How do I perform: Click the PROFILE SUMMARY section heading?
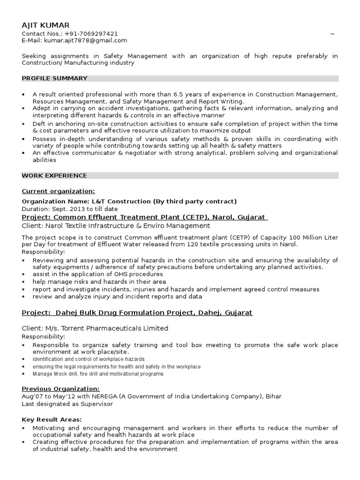tap(54, 78)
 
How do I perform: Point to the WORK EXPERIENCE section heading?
tap(54, 175)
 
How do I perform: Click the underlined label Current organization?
tap(58, 191)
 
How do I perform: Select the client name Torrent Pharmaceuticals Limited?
tap(112, 328)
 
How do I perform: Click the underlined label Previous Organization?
tap(60, 389)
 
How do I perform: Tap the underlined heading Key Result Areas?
tap(52, 419)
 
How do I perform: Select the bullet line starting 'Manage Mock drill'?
tap(98, 374)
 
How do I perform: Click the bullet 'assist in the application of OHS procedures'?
tap(97, 274)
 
